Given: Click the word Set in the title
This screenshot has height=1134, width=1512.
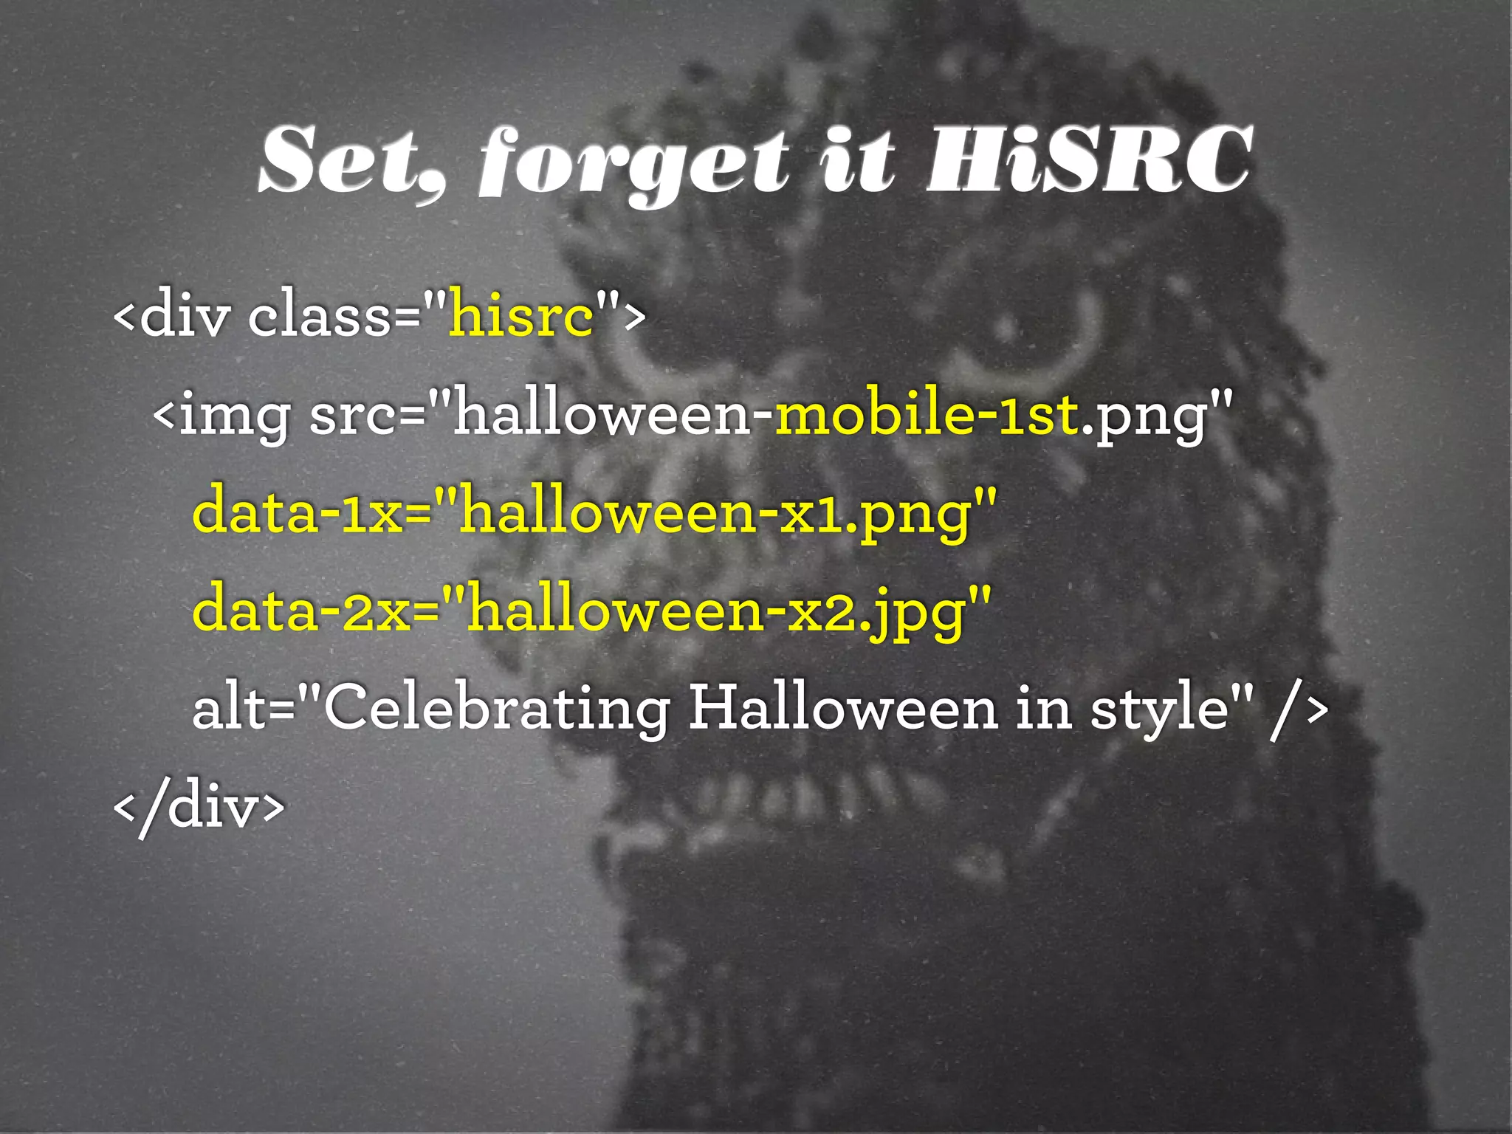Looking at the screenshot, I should click(347, 160).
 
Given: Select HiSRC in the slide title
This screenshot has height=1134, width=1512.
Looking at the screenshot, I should click(1089, 160).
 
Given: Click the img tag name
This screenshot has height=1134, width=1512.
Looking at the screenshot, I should click(235, 415).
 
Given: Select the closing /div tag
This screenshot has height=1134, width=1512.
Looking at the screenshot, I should click(199, 806).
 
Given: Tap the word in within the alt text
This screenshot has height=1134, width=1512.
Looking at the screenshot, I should click(1044, 707).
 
